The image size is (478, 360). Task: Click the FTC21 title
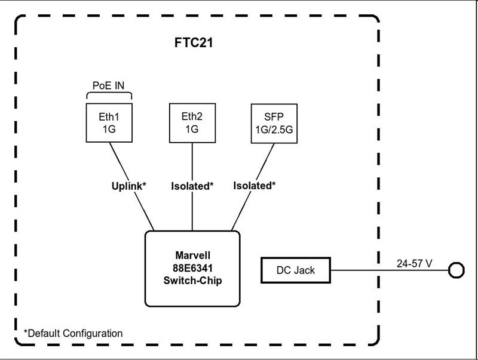coord(194,42)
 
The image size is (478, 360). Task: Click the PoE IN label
coord(109,85)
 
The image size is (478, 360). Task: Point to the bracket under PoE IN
coord(109,93)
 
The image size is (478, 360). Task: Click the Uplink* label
coord(128,186)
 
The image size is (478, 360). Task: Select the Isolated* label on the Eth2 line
coord(192,186)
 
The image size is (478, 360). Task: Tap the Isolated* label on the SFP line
coord(255,185)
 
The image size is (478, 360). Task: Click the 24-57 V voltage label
coord(414,263)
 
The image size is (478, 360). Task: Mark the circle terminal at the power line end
coord(456,263)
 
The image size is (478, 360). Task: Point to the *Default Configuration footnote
coord(73,333)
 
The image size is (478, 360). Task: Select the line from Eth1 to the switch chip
coord(131,186)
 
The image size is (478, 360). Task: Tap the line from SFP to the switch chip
coord(253,187)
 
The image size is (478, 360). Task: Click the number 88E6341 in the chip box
coord(192,268)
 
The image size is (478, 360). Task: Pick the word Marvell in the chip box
coord(192,256)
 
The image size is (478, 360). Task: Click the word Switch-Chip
coord(192,281)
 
